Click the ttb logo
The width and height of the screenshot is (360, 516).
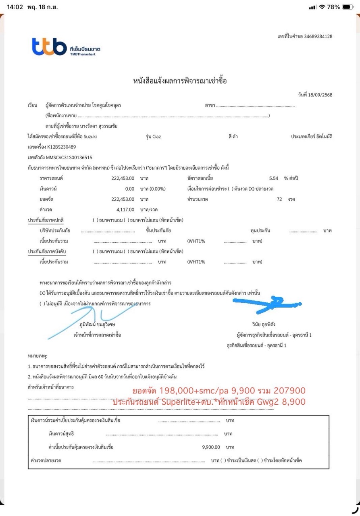(x=49, y=47)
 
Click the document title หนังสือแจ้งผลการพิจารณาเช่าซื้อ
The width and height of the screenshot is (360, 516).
(x=180, y=81)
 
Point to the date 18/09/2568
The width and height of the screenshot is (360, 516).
(x=320, y=95)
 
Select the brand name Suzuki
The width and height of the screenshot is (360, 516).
(x=90, y=137)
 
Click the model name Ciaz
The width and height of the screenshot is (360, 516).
(x=156, y=137)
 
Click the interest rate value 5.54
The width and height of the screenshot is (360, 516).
(x=274, y=178)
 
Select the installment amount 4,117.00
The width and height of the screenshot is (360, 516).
(x=125, y=210)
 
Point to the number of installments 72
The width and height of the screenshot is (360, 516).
(x=279, y=199)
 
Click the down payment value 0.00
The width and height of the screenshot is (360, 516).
(x=129, y=189)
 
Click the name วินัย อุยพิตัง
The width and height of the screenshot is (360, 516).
(x=264, y=324)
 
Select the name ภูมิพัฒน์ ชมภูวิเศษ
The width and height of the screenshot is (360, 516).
(x=97, y=324)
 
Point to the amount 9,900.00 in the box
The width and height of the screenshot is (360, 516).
(x=211, y=447)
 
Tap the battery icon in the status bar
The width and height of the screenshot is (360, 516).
(x=347, y=7)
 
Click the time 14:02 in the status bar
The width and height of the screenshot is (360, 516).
(x=15, y=7)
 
